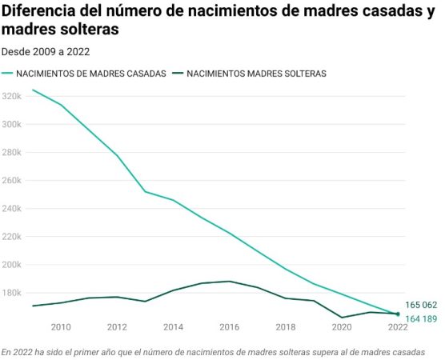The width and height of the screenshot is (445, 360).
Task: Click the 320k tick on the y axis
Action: (13, 96)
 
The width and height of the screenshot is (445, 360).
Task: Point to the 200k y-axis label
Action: (13, 265)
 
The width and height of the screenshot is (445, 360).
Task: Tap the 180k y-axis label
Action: (13, 293)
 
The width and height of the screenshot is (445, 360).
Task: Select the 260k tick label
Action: (13, 181)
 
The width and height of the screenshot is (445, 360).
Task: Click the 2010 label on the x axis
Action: (61, 327)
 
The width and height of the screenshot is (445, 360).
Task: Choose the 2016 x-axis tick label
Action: (229, 327)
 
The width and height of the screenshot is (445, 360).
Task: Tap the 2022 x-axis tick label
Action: (397, 327)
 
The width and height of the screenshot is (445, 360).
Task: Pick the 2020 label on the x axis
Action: (341, 327)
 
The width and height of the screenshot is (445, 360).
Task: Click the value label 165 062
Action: (421, 305)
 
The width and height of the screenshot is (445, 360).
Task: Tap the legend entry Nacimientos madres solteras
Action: (256, 73)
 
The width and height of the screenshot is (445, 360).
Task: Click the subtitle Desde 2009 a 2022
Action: (46, 51)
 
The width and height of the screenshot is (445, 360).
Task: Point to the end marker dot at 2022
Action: (398, 314)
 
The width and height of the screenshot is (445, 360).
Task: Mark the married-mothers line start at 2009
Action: (33, 90)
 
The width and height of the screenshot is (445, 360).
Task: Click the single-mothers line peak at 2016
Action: (230, 281)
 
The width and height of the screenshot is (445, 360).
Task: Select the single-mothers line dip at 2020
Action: (342, 318)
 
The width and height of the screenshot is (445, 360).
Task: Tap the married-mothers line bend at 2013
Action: (145, 191)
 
